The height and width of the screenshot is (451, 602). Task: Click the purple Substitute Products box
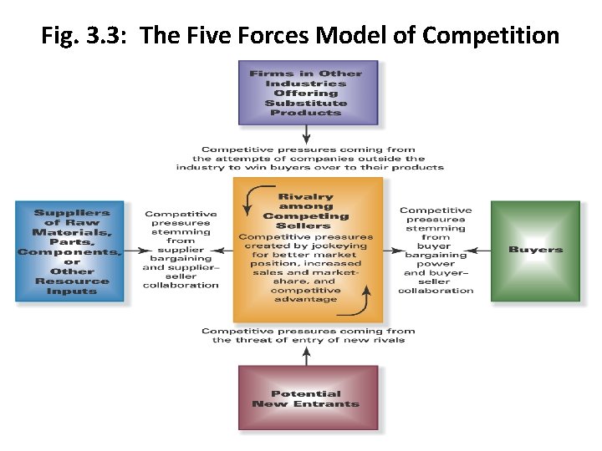click(308, 92)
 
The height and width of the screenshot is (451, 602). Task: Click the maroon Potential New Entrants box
click(307, 398)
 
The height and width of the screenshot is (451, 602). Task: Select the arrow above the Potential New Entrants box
click(307, 355)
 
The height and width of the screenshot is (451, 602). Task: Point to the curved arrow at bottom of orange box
click(360, 303)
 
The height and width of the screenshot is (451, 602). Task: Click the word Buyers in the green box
click(535, 250)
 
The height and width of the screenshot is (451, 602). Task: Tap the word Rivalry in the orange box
click(305, 197)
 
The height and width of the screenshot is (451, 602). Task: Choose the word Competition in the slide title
click(491, 36)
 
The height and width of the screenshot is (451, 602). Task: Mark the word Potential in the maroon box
click(306, 393)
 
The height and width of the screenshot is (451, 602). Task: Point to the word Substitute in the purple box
click(307, 103)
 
